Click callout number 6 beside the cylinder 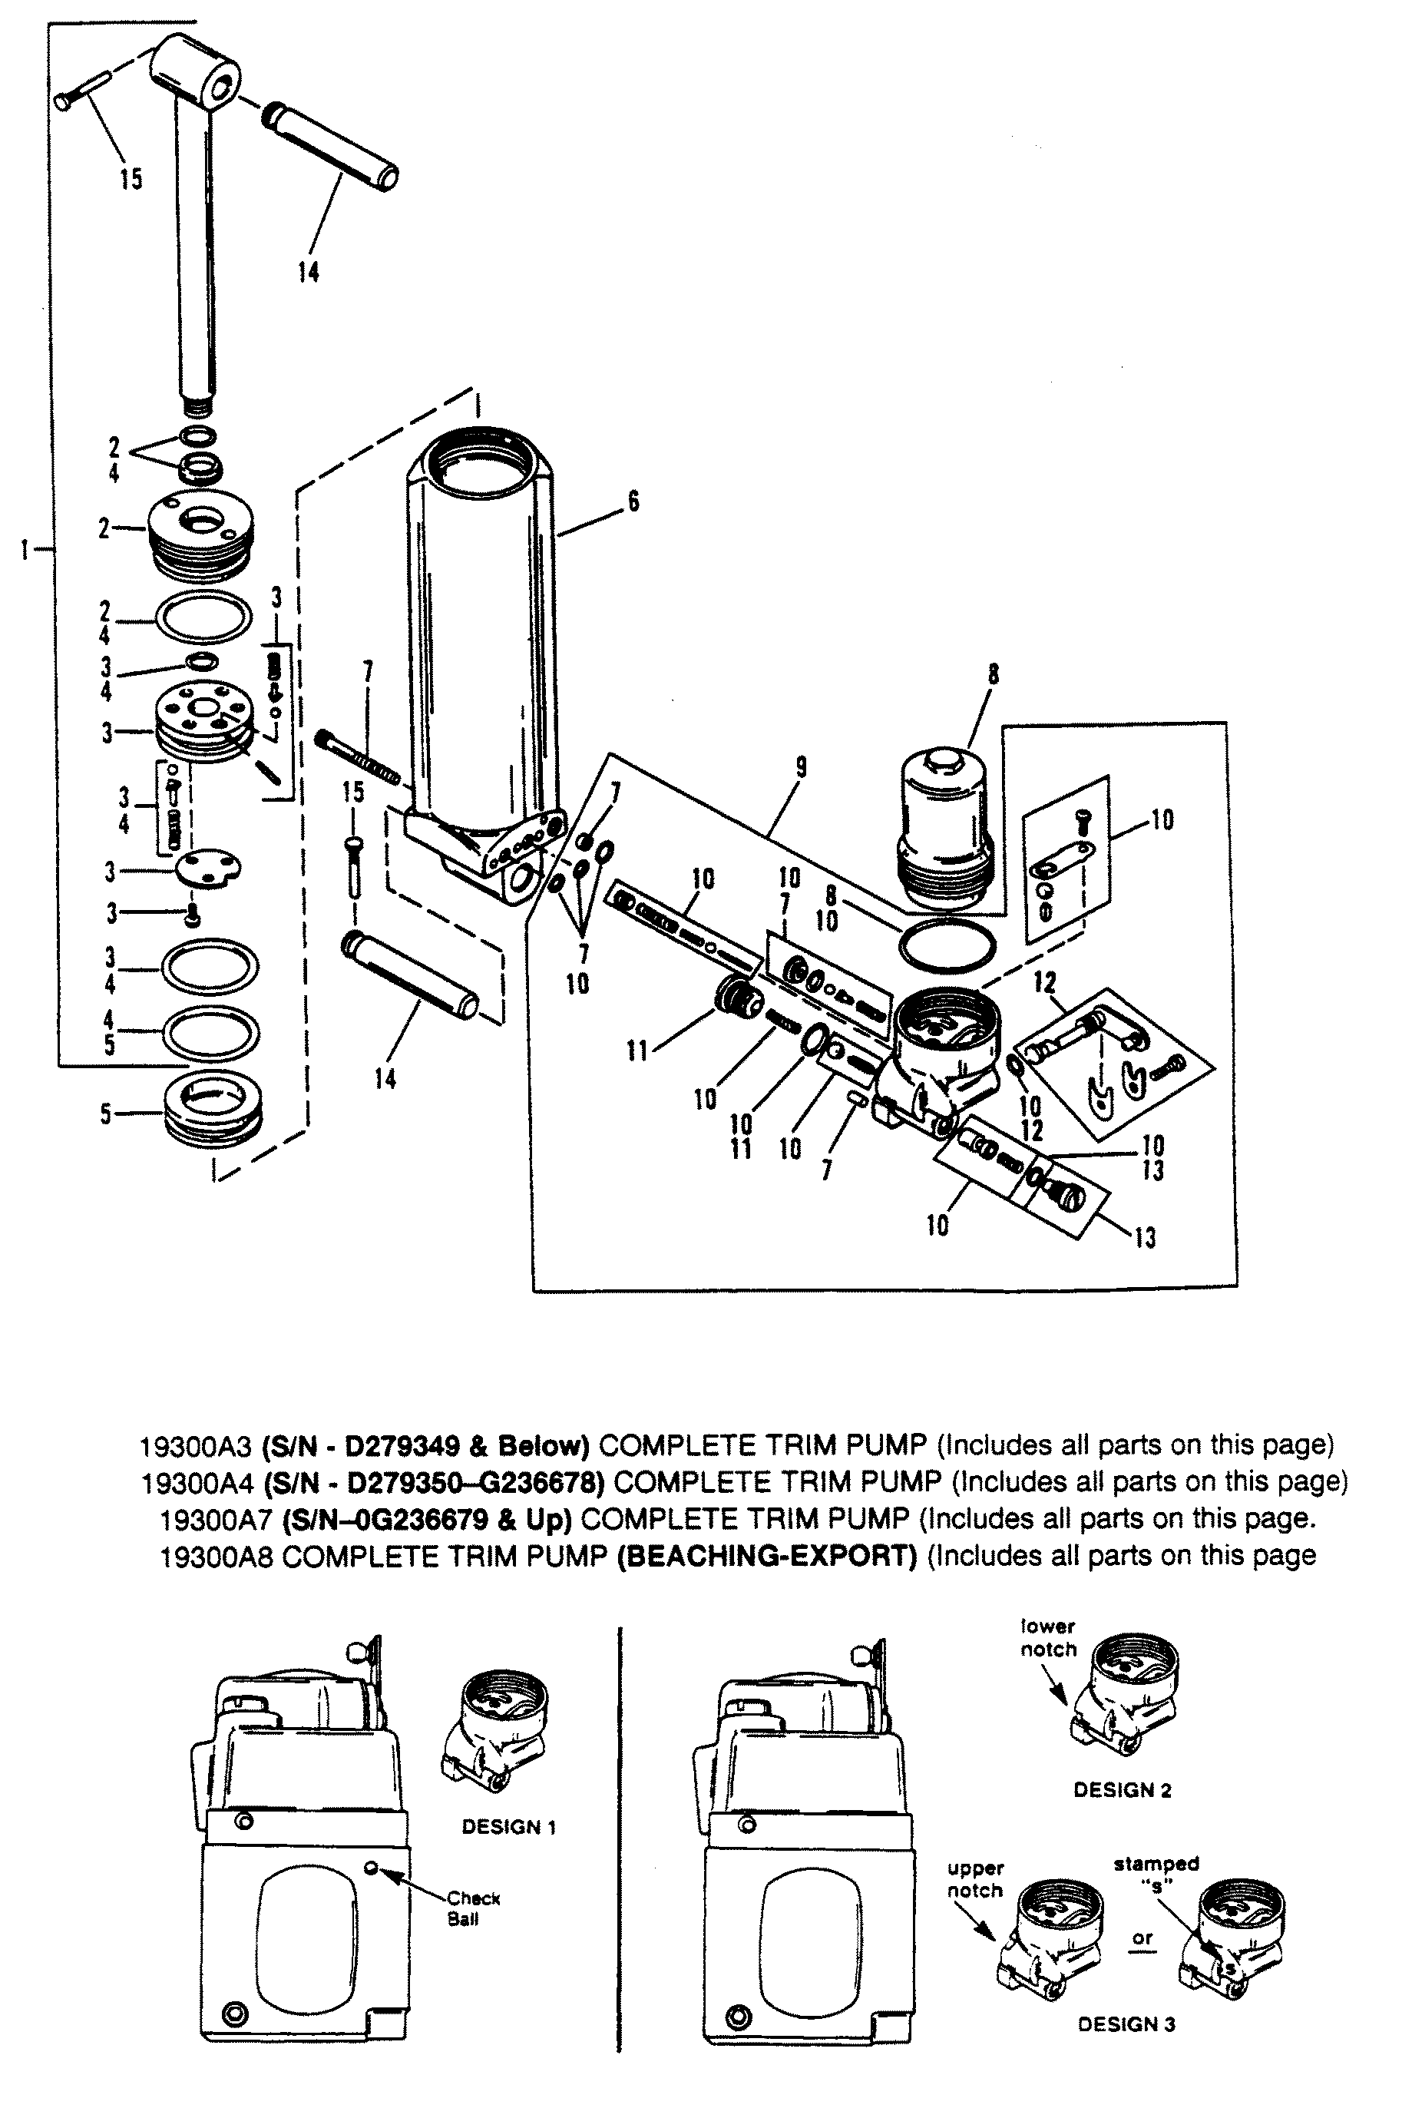coord(634,501)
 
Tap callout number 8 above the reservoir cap coord(994,674)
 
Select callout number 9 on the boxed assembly coord(801,767)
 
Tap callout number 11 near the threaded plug coord(637,1050)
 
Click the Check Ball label coord(472,1908)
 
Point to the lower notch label coord(1048,1638)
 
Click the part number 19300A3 coord(198,1446)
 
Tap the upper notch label coord(974,1879)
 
